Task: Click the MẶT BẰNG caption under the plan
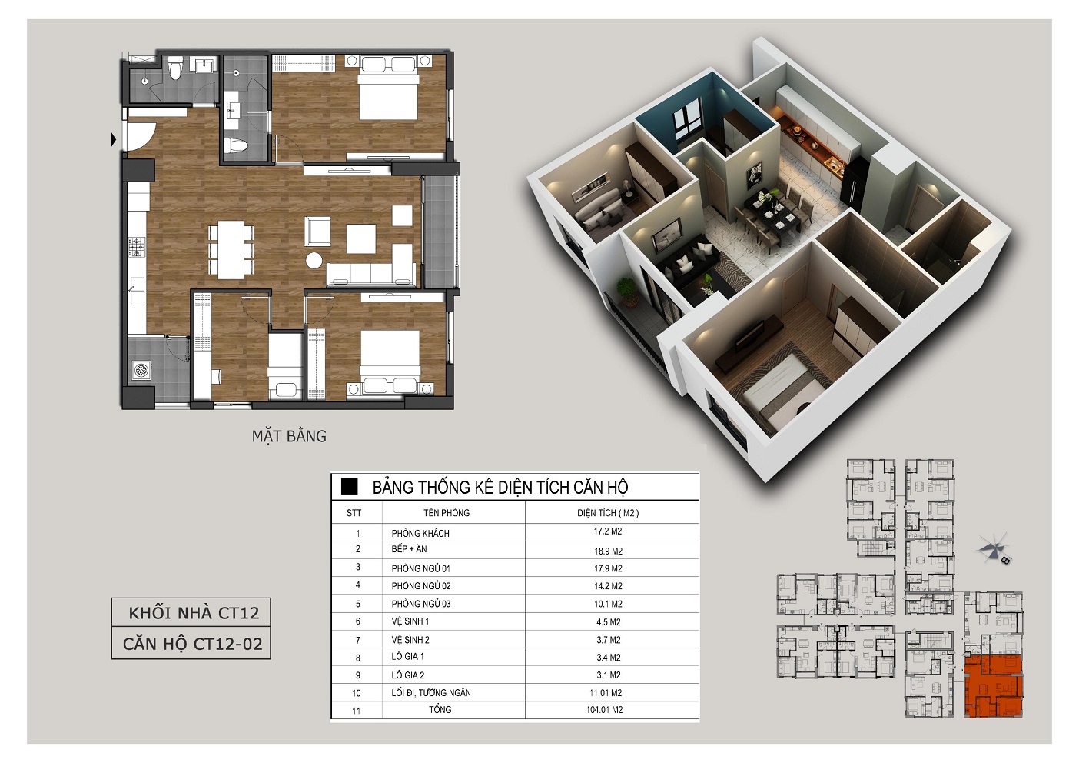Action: click(289, 436)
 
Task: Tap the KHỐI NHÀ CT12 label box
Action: click(191, 612)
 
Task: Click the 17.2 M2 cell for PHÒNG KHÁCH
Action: click(607, 531)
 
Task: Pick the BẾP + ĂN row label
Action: click(409, 549)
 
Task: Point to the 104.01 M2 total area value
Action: click(605, 709)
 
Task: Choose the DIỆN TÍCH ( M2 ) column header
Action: click(608, 513)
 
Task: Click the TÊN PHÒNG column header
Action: click(447, 513)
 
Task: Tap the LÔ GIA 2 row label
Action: click(407, 675)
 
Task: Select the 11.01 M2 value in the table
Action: click(606, 693)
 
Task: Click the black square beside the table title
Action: click(349, 487)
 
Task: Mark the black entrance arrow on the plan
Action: click(113, 140)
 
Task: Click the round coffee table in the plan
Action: click(314, 260)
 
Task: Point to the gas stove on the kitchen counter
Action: click(137, 246)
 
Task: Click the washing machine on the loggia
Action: click(141, 370)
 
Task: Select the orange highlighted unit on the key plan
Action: click(993, 686)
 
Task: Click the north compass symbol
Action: click(993, 549)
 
